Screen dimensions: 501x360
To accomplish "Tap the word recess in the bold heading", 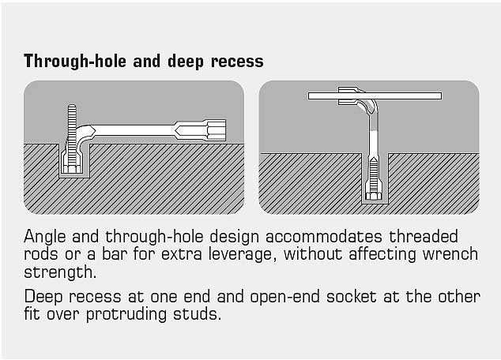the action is click(x=237, y=62).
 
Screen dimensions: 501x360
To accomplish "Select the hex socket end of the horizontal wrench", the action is click(x=217, y=130).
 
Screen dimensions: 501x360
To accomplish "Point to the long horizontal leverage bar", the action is click(x=375, y=96).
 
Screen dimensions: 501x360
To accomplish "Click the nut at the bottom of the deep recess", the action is click(x=373, y=196).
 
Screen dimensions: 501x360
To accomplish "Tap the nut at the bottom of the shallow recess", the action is click(x=72, y=169).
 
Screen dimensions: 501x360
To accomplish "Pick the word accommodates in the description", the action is click(x=324, y=237).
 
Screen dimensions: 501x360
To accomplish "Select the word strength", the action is click(x=60, y=272).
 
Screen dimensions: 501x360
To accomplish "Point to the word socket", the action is click(x=351, y=297).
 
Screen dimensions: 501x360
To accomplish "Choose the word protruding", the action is click(x=126, y=315).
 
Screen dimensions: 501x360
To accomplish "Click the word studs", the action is click(x=197, y=314).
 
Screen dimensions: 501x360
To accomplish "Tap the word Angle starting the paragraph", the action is click(x=45, y=237).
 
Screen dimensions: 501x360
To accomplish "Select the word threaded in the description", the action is click(x=424, y=237).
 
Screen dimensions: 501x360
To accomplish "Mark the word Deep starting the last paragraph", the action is click(x=43, y=297).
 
